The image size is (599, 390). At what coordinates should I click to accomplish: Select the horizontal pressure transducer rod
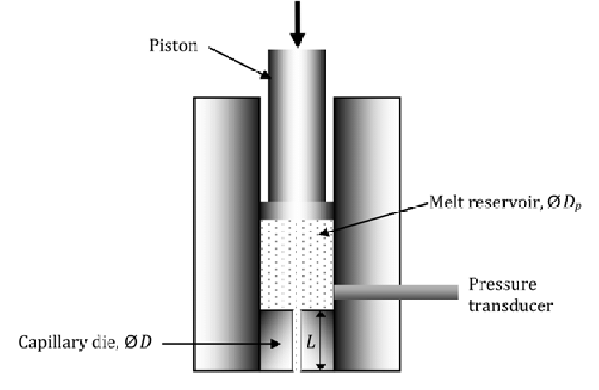coord(396,291)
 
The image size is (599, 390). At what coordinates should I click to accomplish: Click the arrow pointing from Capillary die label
coord(237,342)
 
